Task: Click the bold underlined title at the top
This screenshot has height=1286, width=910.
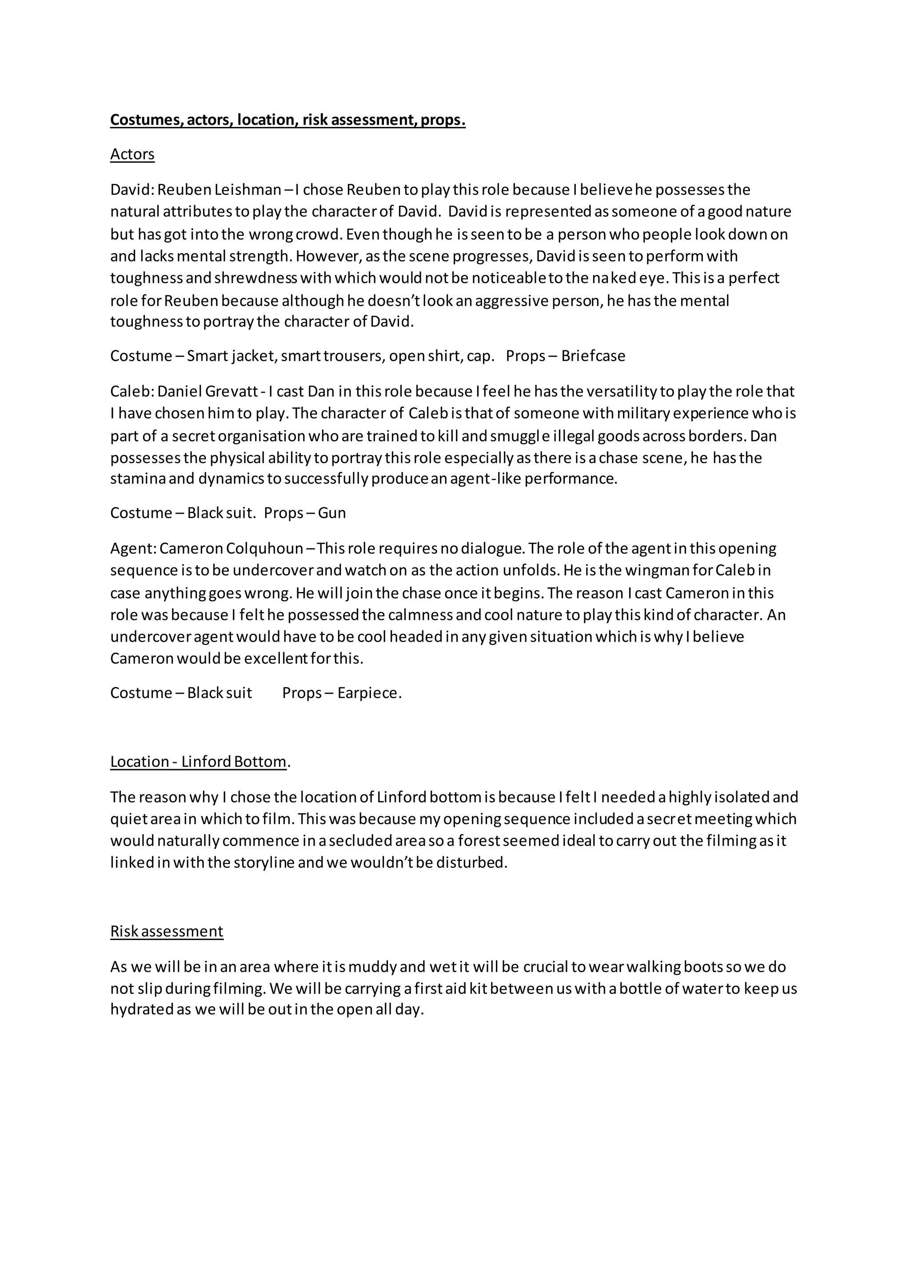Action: [287, 120]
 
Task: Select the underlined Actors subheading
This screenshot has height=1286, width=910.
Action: [132, 154]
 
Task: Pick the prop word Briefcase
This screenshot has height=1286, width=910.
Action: [593, 356]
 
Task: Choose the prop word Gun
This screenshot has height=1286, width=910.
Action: [332, 513]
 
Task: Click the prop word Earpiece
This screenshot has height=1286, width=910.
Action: [369, 693]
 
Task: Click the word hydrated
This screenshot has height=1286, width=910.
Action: [142, 1010]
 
